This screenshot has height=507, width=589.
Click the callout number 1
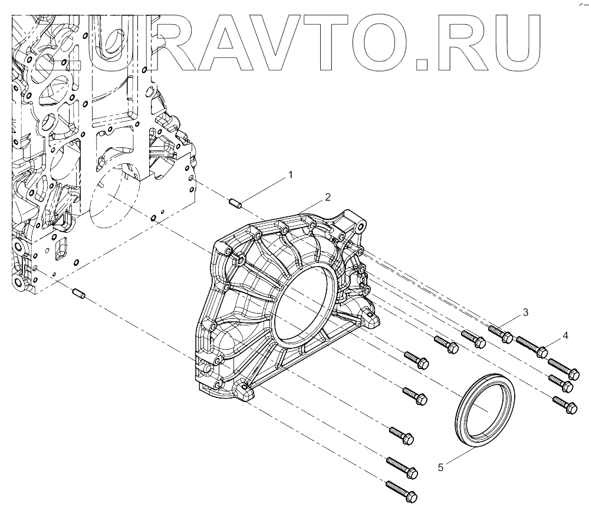[290, 175]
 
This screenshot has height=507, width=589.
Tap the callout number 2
[327, 196]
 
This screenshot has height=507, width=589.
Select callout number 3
[525, 312]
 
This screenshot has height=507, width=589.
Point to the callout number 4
[565, 335]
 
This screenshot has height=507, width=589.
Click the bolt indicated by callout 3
[500, 334]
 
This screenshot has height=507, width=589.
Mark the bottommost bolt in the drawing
[401, 490]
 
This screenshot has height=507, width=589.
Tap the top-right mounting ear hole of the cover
[359, 225]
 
